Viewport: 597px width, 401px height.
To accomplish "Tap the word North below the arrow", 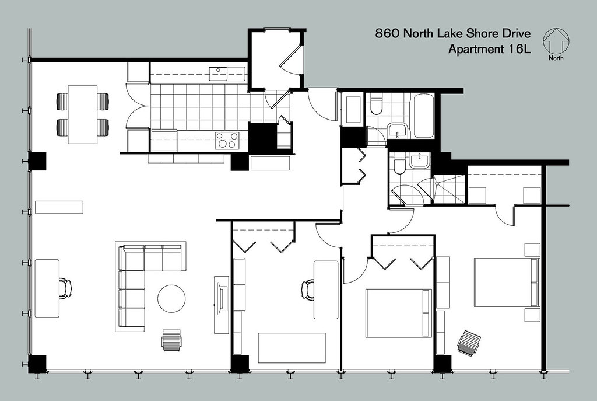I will [556, 58].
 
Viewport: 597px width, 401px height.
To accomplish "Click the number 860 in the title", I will [388, 34].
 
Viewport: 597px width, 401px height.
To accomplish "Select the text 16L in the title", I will [518, 50].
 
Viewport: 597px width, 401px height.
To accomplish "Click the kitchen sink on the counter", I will [219, 73].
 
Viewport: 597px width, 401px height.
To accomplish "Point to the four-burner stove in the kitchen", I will [227, 141].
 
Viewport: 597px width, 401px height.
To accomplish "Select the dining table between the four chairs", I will [82, 114].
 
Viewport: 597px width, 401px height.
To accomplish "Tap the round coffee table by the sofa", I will [171, 298].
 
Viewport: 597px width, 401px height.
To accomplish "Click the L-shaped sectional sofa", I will [140, 280].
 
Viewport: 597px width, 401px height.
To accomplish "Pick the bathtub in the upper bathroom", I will [423, 116].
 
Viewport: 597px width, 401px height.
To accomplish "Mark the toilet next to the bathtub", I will [376, 106].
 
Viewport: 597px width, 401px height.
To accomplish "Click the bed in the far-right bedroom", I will [504, 282].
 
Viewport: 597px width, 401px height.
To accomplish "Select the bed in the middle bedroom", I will [398, 313].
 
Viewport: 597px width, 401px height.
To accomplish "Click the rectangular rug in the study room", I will [292, 348].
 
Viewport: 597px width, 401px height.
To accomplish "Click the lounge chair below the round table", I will [171, 340].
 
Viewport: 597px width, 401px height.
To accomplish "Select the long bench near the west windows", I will [59, 207].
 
